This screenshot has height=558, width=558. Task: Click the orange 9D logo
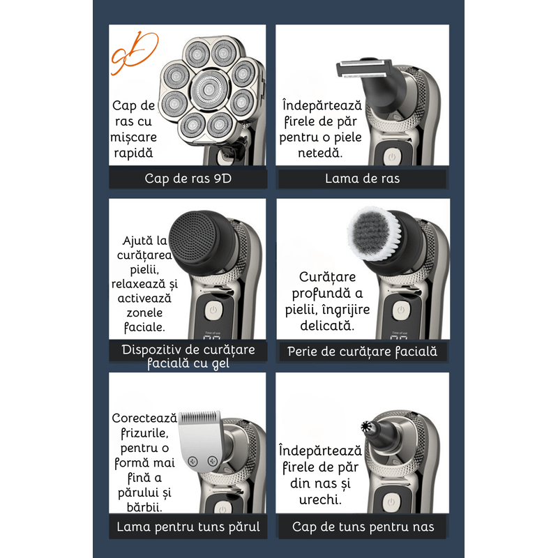[x=135, y=54]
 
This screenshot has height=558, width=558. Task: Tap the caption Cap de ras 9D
[x=188, y=178]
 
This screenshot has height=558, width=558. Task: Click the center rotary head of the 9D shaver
[x=207, y=88]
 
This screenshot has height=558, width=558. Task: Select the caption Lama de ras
[x=362, y=178]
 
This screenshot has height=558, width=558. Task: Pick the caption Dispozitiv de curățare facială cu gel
[x=188, y=356]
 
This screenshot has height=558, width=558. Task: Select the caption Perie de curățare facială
[x=362, y=352]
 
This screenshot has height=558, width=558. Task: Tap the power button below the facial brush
[x=399, y=310]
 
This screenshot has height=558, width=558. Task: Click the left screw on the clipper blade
[x=192, y=460]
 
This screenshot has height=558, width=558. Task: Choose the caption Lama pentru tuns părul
[x=188, y=527]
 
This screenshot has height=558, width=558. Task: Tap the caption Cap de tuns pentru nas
[x=362, y=527]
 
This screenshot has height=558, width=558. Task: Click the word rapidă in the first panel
[x=133, y=152]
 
